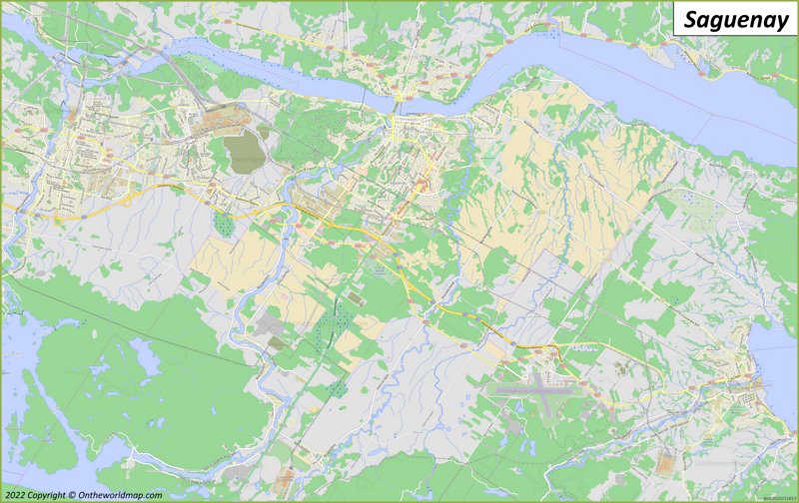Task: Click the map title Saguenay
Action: point(736,19)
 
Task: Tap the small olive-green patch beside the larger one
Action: point(264,130)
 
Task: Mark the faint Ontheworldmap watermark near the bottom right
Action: point(713,462)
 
